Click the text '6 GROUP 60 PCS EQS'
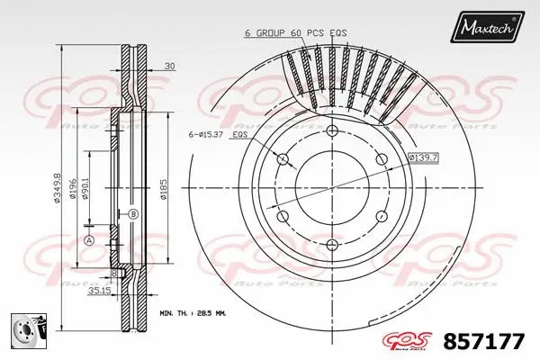point(295,33)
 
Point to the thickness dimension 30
point(170,64)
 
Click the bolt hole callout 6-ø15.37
point(205,134)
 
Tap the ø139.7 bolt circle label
point(423,158)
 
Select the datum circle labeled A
point(89,239)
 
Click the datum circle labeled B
point(132,214)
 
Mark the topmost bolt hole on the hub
point(332,132)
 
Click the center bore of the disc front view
point(332,187)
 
